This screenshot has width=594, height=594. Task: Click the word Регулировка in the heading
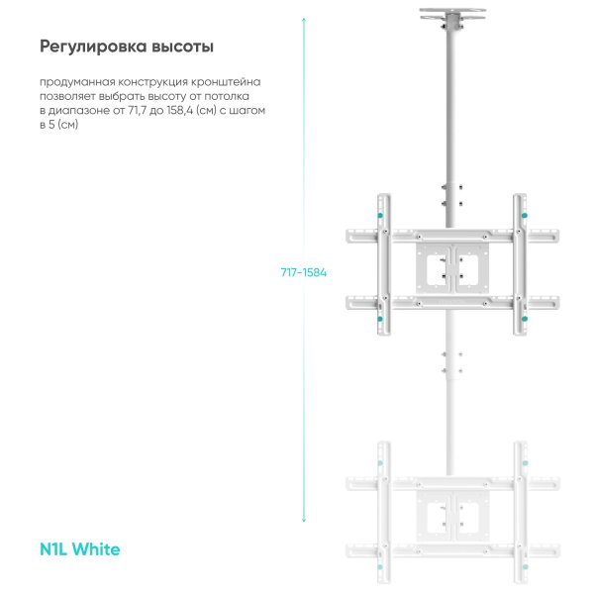pyautogui.click(x=93, y=47)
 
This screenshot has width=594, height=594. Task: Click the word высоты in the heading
pyautogui.click(x=182, y=47)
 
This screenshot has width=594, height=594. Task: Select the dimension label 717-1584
pyautogui.click(x=304, y=272)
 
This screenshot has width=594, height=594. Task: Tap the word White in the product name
pyautogui.click(x=96, y=549)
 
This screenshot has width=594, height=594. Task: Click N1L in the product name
pyautogui.click(x=53, y=549)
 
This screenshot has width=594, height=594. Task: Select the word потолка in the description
pyautogui.click(x=227, y=97)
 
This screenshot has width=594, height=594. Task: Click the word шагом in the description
pyautogui.click(x=247, y=111)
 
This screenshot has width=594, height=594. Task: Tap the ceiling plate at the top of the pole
pyautogui.click(x=452, y=14)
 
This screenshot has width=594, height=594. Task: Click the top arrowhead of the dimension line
pyautogui.click(x=304, y=19)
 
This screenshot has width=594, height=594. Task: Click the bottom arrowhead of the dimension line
pyautogui.click(x=304, y=521)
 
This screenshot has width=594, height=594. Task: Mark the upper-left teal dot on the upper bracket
pyautogui.click(x=380, y=216)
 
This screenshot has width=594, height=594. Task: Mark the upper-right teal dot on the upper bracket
pyautogui.click(x=525, y=216)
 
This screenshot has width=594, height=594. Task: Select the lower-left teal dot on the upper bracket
pyautogui.click(x=380, y=319)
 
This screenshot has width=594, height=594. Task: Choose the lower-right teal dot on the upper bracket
pyautogui.click(x=525, y=319)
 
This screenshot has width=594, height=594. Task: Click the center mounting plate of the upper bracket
pyautogui.click(x=452, y=268)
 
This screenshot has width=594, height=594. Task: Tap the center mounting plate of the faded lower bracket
pyautogui.click(x=452, y=516)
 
